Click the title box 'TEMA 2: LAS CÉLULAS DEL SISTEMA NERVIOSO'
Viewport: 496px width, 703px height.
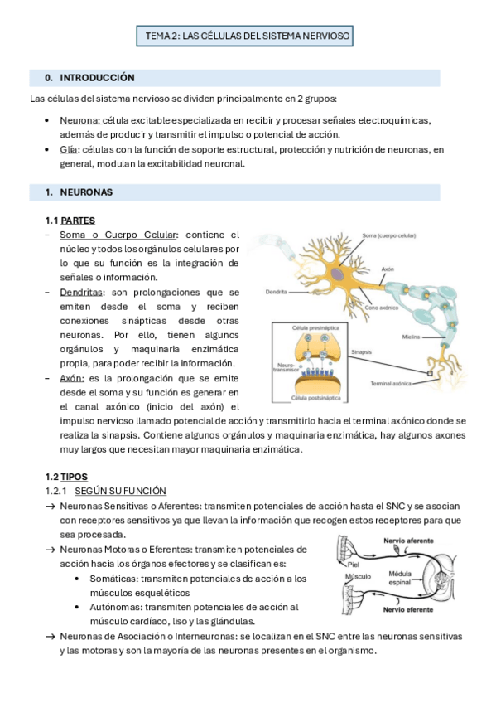click(248, 36)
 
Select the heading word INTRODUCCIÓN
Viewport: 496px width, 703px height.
click(97, 78)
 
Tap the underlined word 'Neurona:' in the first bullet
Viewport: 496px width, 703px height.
click(79, 120)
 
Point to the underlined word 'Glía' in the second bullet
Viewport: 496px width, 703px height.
click(69, 149)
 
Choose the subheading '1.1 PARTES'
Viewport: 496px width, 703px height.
click(70, 221)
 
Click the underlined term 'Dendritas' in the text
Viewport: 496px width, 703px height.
click(82, 292)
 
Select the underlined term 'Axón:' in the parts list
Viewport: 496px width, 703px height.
click(73, 377)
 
